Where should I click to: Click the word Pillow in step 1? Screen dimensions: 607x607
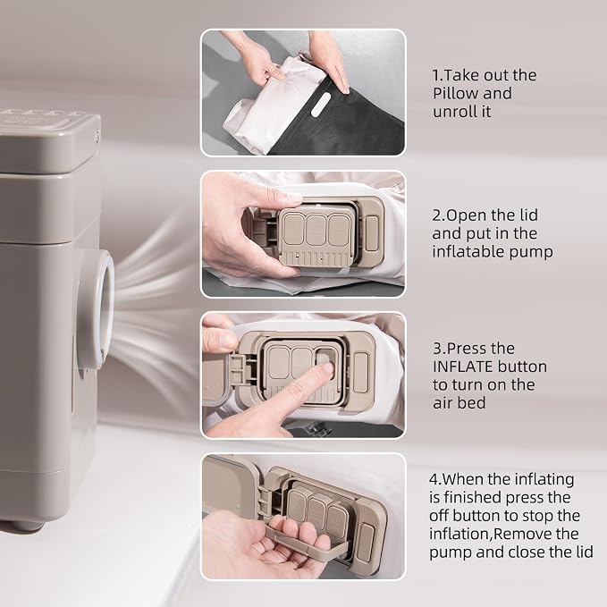click(x=454, y=93)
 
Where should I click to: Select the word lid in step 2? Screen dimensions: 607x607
click(x=528, y=215)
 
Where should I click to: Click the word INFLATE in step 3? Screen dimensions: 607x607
click(x=462, y=367)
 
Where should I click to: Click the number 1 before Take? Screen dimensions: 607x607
click(x=436, y=75)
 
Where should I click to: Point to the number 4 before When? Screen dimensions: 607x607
click(x=434, y=480)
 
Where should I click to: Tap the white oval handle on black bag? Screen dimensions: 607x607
click(x=321, y=105)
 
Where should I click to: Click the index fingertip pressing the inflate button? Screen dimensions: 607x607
click(x=326, y=367)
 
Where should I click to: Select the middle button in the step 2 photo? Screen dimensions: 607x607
click(x=316, y=230)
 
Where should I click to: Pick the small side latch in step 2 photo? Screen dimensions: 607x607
click(x=372, y=233)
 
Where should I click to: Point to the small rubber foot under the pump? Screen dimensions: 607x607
click(x=27, y=526)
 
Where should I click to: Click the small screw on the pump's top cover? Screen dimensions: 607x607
click(x=96, y=135)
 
